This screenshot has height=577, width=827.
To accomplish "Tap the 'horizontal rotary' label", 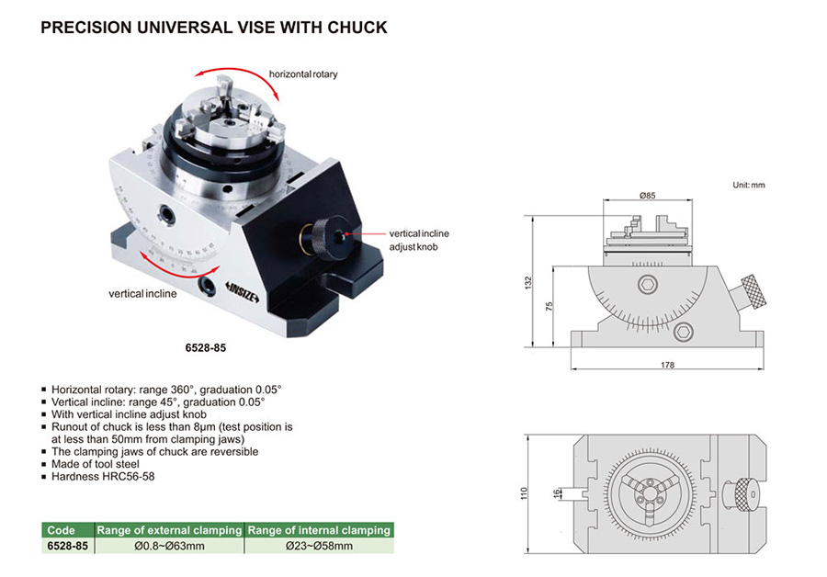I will coord(303,74).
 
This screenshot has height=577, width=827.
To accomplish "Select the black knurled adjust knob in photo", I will coord(323,238).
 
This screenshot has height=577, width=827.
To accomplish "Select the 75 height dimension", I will coord(549,308).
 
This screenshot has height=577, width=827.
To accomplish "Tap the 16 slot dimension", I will coord(557,493).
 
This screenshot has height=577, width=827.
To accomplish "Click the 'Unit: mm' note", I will coord(749,185).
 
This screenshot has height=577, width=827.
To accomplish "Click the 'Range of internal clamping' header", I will coord(319,530).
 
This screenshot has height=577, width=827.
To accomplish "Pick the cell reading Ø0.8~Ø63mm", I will coord(169,546).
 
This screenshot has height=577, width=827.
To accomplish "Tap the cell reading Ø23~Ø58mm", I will coord(318,546).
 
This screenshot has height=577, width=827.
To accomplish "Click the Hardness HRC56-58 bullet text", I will coord(107,478).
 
